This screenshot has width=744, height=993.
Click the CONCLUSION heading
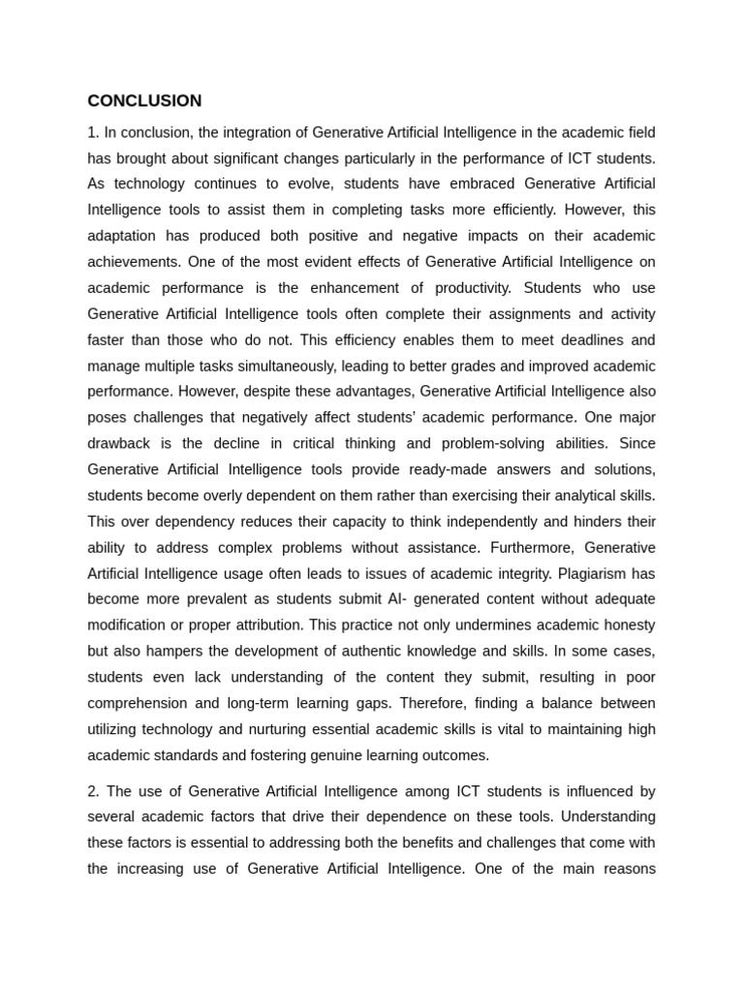point(144,101)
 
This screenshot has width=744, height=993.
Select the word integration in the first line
point(262,132)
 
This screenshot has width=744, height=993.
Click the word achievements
point(134,262)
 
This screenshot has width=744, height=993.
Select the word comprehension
point(140,703)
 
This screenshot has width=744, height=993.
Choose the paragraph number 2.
point(93,790)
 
